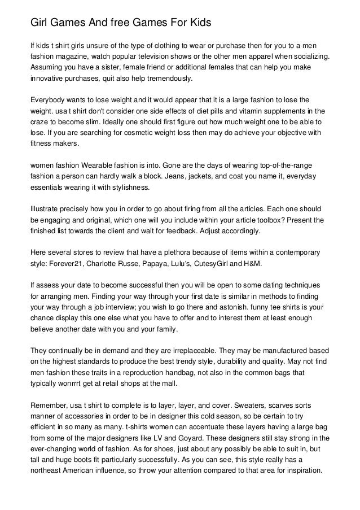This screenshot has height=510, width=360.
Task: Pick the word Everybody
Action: [49, 99]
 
